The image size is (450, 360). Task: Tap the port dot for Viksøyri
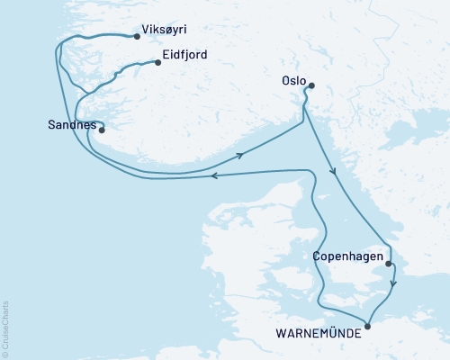[136, 37]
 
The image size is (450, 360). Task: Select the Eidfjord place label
[186, 55]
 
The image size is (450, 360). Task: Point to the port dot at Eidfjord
[157, 62]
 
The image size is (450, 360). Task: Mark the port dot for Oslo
[310, 86]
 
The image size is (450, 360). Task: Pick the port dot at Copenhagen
[389, 264]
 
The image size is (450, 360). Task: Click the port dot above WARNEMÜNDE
[366, 326]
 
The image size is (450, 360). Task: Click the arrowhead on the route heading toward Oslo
[240, 156]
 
